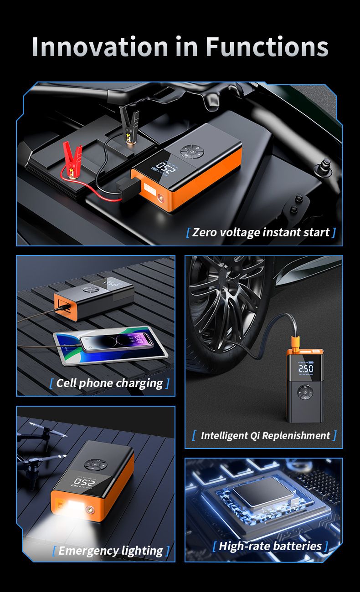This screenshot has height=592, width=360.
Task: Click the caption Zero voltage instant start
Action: coord(261,232)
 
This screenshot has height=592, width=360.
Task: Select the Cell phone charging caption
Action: coord(109,383)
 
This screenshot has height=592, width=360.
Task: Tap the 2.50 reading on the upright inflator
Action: coord(305,367)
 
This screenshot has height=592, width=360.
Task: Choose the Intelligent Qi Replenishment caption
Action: coord(265,435)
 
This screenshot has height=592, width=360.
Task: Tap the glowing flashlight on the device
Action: coord(74,505)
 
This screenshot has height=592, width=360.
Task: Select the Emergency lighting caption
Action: coord(111,551)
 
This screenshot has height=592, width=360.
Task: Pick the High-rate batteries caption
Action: coord(270,546)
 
